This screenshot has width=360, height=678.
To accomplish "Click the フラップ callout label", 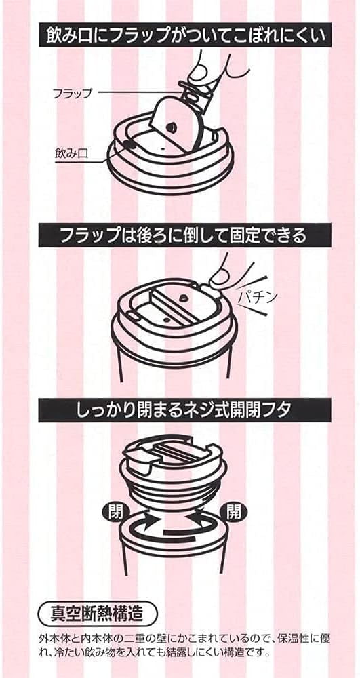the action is tap(71, 93).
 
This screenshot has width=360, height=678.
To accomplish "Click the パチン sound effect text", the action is tap(260, 297).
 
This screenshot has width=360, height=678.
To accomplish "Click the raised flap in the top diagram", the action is tap(175, 123).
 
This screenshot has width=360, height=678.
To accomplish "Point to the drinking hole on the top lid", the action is tap(127, 144).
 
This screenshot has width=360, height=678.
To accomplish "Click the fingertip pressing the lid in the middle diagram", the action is tap(220, 275).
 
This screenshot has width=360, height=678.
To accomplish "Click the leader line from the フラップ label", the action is tap(140, 92).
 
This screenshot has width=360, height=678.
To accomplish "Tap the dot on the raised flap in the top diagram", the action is tap(171, 126).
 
